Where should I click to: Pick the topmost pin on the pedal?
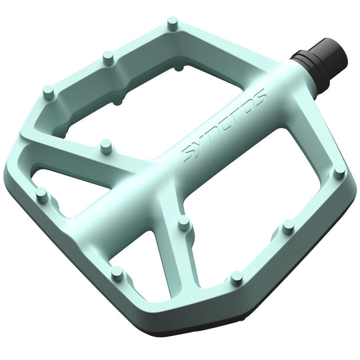172,25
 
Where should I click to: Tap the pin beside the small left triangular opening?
42,194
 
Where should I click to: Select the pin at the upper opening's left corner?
47,91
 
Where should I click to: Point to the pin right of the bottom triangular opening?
235,276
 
